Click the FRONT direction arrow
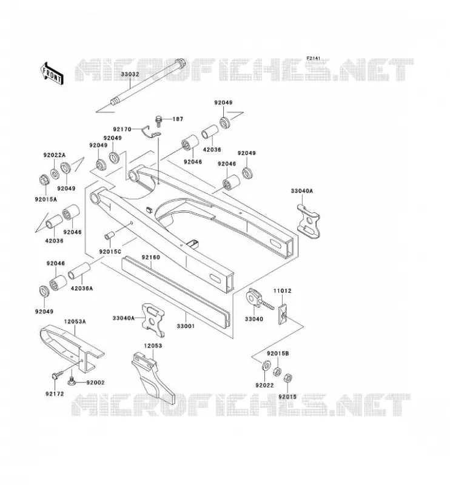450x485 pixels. pyautogui.click(x=52, y=73)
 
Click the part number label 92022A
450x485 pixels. pyautogui.click(x=55, y=155)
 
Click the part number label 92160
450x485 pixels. pyautogui.click(x=151, y=257)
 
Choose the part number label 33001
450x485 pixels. pyautogui.click(x=186, y=326)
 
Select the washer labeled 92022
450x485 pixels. pyautogui.click(x=266, y=366)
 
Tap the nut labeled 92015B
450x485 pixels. pyautogui.click(x=277, y=371)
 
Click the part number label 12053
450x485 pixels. pyautogui.click(x=153, y=346)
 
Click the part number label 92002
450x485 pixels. pyautogui.click(x=95, y=383)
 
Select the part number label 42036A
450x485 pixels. pyautogui.click(x=82, y=289)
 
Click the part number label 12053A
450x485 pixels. pyautogui.click(x=75, y=322)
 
